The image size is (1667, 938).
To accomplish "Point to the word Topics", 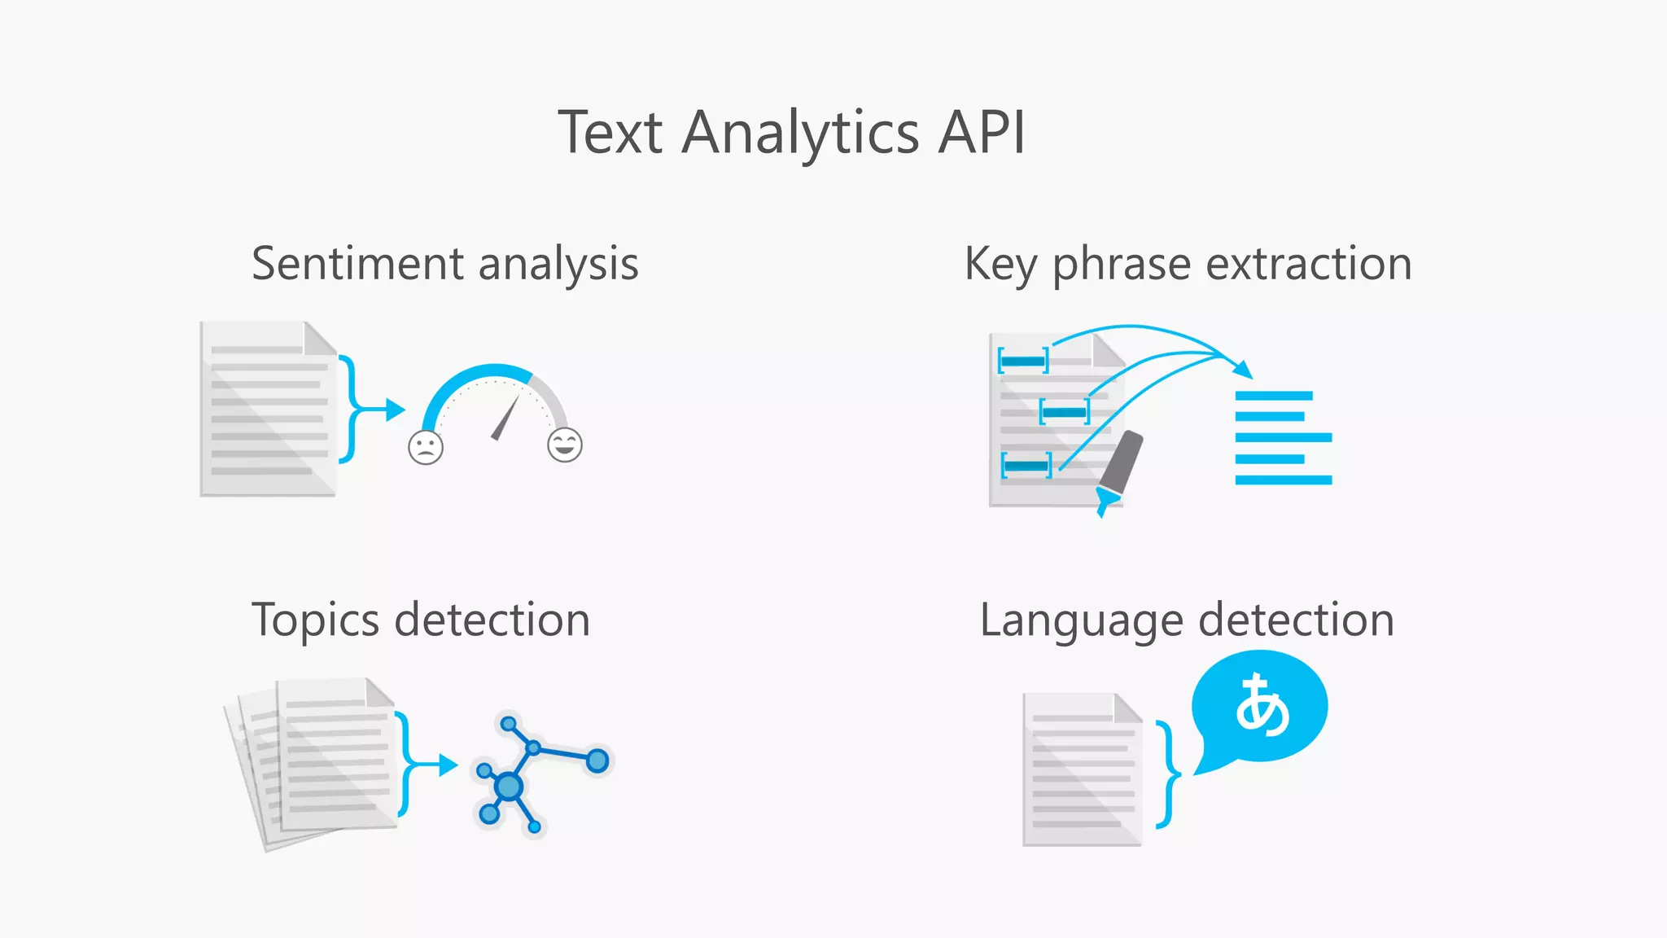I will (315, 621).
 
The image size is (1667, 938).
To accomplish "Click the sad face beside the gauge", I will (426, 447).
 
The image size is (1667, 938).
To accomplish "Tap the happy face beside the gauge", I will (564, 445).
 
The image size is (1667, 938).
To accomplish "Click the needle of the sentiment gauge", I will (505, 418).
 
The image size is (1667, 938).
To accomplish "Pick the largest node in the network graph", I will (509, 787).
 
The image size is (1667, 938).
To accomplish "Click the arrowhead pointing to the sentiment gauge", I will (396, 410).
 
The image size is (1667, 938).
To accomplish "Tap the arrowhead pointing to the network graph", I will (448, 765).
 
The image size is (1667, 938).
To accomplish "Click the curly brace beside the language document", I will (1169, 774).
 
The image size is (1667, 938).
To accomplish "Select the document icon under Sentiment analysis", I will (268, 410).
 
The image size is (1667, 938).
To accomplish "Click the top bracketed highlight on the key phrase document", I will (1023, 360).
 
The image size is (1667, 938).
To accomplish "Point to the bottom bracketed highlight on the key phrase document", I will (1026, 466).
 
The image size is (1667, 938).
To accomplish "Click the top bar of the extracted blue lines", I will (1273, 396).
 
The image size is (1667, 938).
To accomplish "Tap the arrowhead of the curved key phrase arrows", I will (1243, 369).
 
